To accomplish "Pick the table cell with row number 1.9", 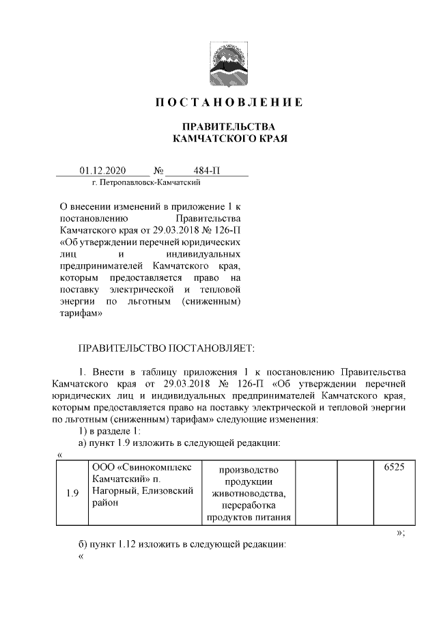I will pos(72,494).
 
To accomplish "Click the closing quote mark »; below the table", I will pos(400,533).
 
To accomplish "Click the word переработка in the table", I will pos(248,505).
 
